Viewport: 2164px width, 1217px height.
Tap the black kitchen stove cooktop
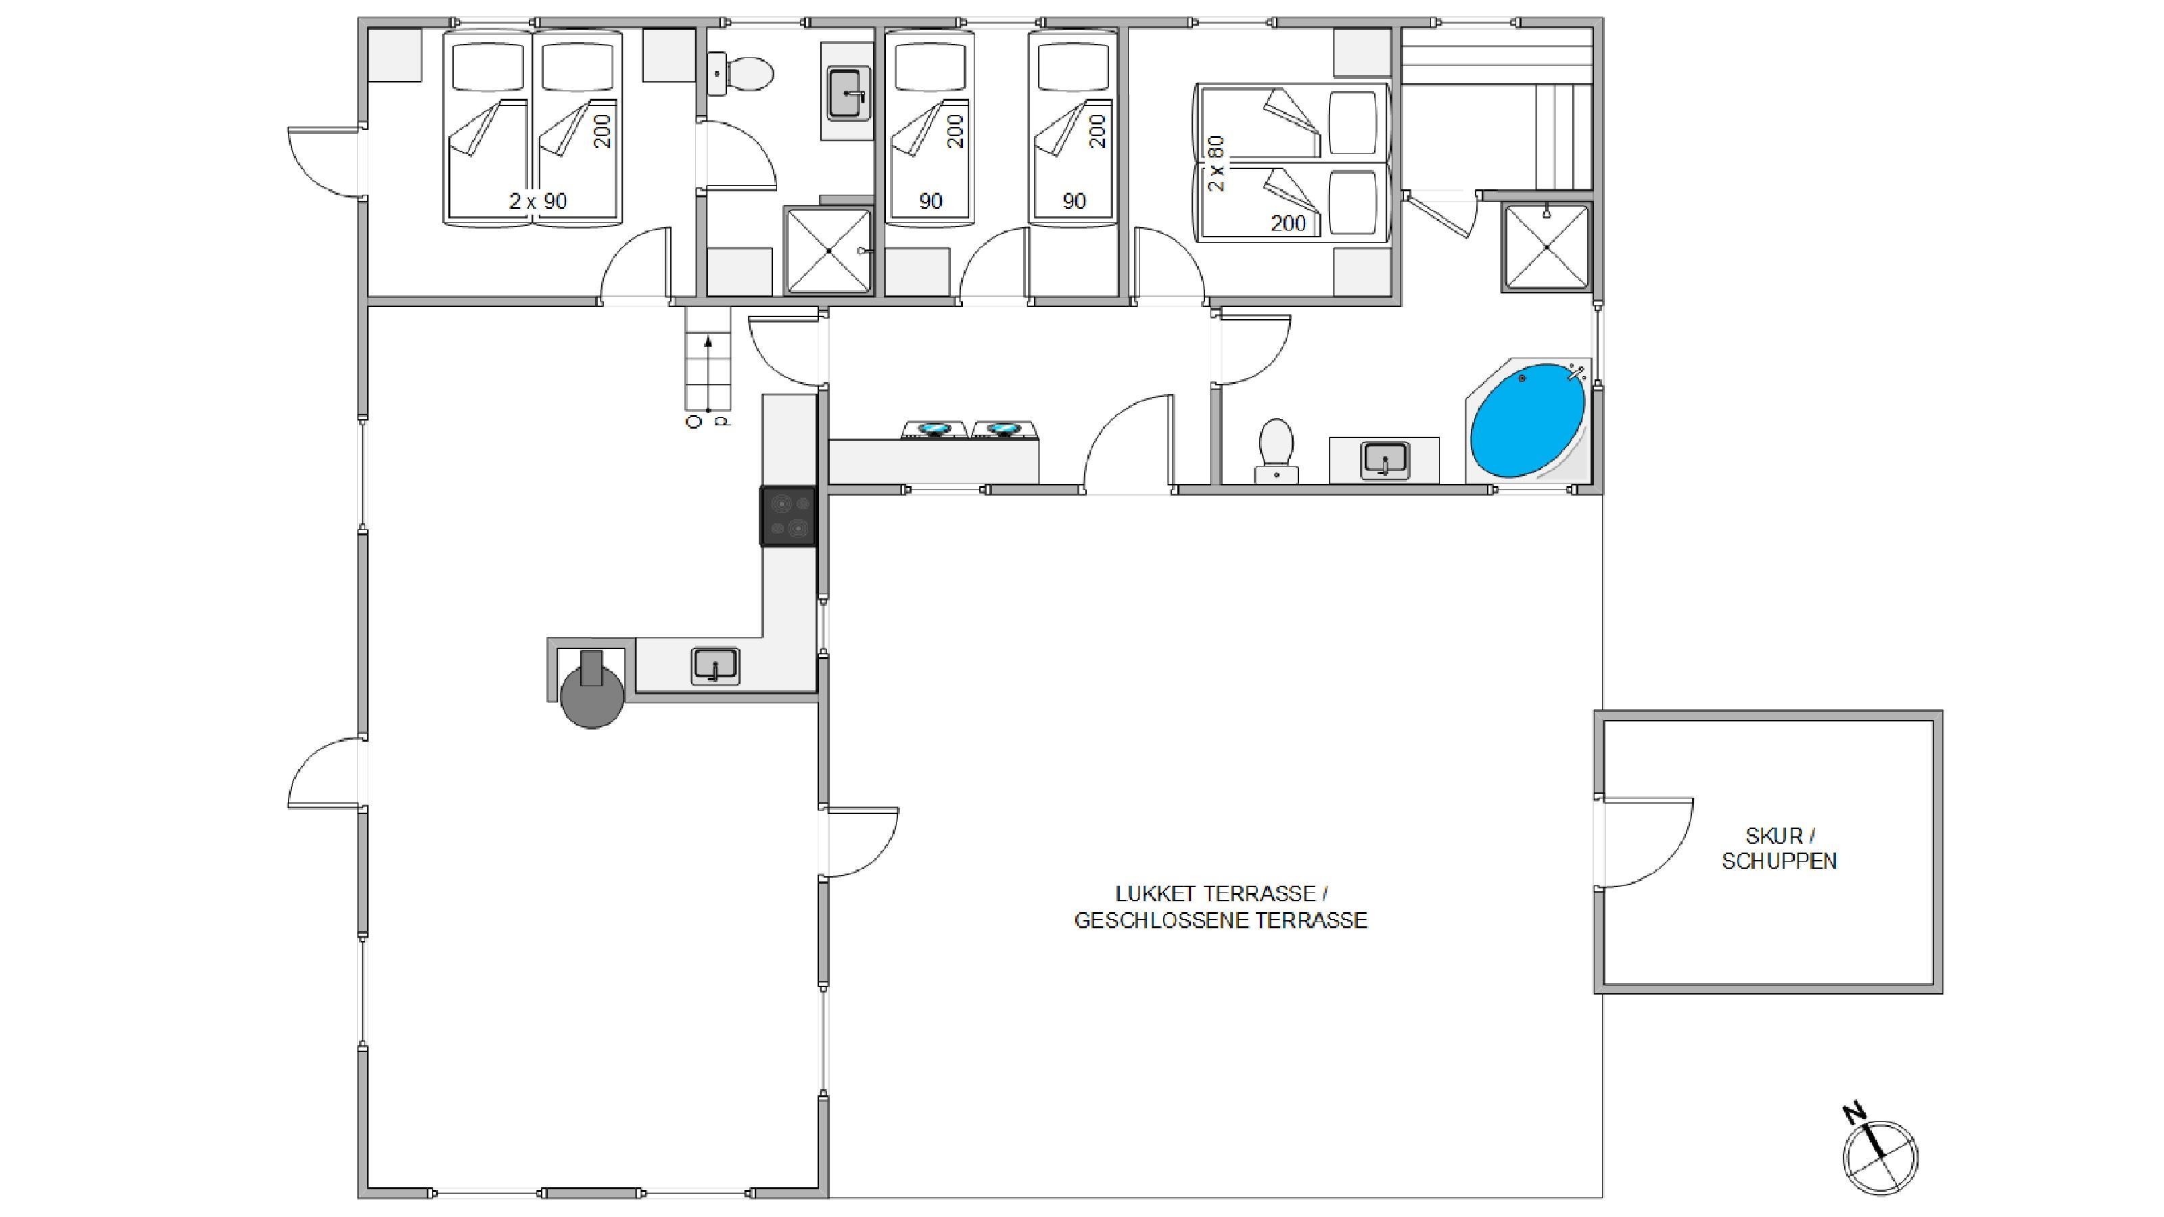(788, 517)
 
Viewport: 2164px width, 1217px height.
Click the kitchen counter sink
(715, 666)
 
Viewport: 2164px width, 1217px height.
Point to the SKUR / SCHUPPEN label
(1779, 849)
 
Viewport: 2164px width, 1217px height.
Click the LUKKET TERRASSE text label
(1221, 894)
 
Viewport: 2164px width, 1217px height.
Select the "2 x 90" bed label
(538, 201)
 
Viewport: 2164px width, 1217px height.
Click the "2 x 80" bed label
(1216, 164)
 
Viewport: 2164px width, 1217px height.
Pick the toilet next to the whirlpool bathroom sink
(1276, 451)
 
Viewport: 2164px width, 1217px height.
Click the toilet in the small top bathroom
(739, 74)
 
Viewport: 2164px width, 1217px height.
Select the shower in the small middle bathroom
(828, 250)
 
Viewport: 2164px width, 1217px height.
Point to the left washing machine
(933, 430)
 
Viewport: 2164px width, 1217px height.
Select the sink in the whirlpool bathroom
(1384, 460)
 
